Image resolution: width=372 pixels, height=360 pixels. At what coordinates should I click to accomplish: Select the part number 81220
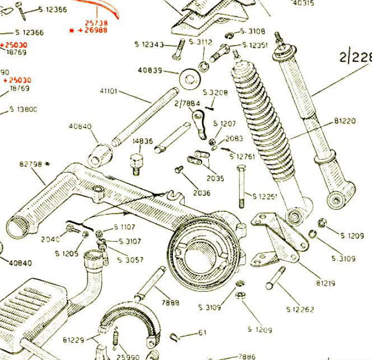pos(345,121)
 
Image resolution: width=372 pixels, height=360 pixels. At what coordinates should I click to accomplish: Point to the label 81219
pos(326,283)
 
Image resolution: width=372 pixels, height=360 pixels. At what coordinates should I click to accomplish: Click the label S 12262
pos(300,309)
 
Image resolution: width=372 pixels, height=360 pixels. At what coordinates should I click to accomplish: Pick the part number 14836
pos(142,141)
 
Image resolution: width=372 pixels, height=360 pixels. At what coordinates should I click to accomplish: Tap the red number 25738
pos(96,23)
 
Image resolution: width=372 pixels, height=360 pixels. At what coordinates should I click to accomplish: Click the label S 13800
pos(23,109)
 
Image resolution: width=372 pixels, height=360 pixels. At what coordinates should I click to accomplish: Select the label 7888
pos(170,303)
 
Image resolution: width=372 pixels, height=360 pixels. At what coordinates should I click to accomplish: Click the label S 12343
pos(149,44)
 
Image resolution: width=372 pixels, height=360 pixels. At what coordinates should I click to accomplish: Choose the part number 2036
pos(202,193)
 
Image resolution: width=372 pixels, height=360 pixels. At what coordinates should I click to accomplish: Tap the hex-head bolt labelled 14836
pos(136,163)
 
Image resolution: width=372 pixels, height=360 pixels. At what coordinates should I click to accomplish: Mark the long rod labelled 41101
pos(145,117)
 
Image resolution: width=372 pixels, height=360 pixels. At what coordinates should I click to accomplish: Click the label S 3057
pos(130,260)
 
